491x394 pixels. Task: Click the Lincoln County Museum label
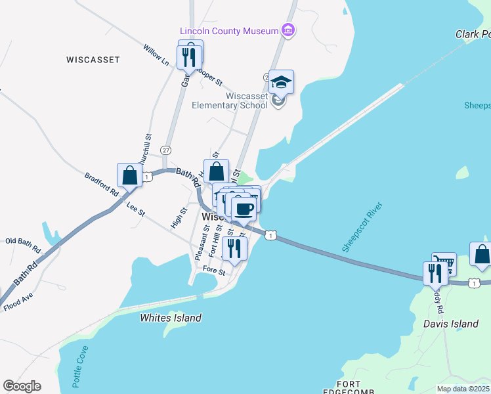click(229, 31)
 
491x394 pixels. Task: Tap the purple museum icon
click(287, 30)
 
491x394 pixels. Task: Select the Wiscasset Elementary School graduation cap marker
click(281, 83)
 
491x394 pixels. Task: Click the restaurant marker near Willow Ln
click(190, 54)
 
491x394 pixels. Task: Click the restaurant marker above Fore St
click(234, 248)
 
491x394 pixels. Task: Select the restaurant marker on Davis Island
click(435, 273)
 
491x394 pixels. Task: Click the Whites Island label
click(171, 318)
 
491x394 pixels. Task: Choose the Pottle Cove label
click(77, 365)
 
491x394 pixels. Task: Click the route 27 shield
click(166, 150)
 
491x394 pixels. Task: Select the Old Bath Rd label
click(23, 246)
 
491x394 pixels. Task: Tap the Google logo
click(22, 386)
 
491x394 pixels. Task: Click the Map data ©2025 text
click(463, 389)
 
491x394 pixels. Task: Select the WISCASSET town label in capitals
click(93, 60)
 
